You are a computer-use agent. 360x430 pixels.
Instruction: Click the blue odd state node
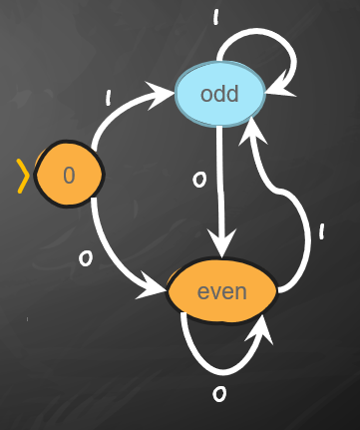pyautogui.click(x=220, y=94)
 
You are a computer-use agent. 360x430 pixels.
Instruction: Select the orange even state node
pyautogui.click(x=221, y=291)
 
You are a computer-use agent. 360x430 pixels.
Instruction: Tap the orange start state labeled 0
pyautogui.click(x=69, y=175)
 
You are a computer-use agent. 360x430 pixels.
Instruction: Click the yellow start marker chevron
pyautogui.click(x=23, y=177)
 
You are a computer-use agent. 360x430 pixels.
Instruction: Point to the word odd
pyautogui.click(x=219, y=94)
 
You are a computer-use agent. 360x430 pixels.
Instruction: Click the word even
pyautogui.click(x=222, y=292)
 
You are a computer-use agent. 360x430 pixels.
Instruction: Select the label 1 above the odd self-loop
pyautogui.click(x=216, y=17)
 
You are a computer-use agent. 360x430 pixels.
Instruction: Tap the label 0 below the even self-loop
pyautogui.click(x=219, y=394)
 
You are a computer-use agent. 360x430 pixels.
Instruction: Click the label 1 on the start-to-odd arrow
pyautogui.click(x=109, y=98)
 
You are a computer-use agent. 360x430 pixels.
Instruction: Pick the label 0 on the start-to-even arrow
pyautogui.click(x=86, y=258)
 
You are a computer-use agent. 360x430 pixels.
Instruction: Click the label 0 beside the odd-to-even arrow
pyautogui.click(x=199, y=180)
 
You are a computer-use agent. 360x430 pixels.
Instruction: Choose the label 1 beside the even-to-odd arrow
pyautogui.click(x=321, y=231)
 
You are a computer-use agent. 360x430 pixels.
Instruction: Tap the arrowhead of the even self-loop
pyautogui.click(x=261, y=328)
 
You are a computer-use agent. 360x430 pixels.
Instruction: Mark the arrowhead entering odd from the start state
pyautogui.click(x=160, y=95)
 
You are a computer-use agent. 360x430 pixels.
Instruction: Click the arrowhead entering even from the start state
pyautogui.click(x=152, y=286)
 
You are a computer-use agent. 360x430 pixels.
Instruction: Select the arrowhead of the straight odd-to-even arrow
pyautogui.click(x=221, y=243)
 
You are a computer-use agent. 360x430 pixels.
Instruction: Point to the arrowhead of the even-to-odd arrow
pyautogui.click(x=252, y=131)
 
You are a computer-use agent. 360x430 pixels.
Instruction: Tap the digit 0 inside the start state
pyautogui.click(x=69, y=175)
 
